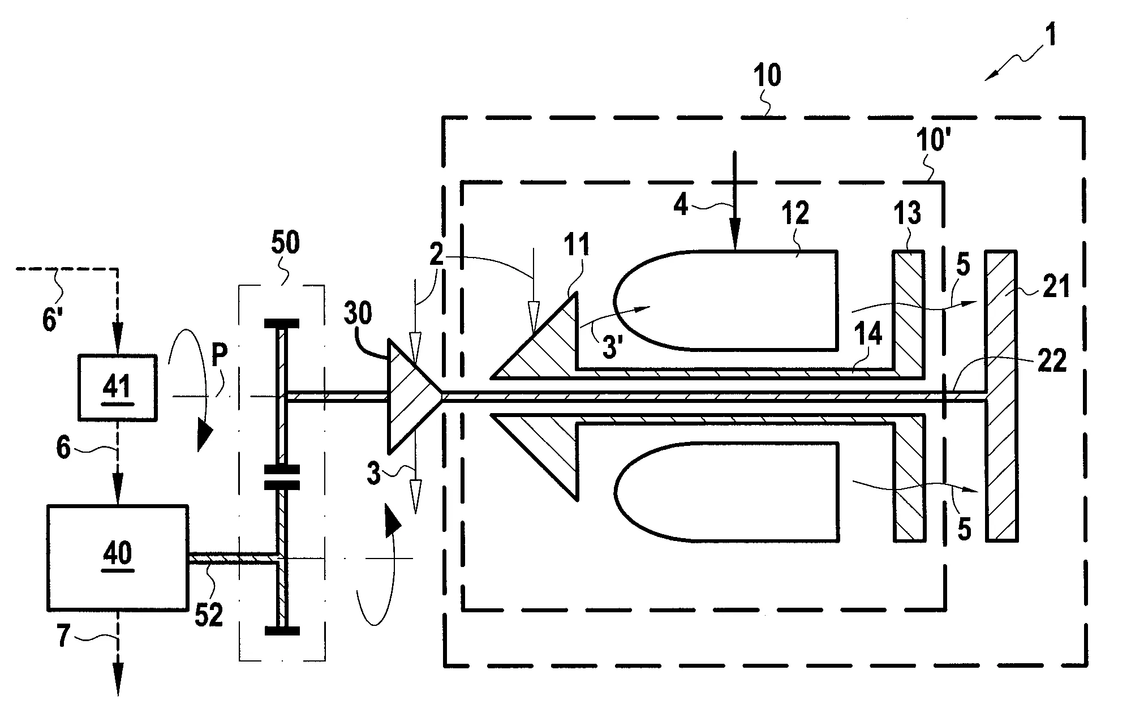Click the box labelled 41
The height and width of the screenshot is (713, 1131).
tap(117, 388)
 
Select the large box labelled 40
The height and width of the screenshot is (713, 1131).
tap(117, 557)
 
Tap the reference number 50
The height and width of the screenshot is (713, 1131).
tap(285, 243)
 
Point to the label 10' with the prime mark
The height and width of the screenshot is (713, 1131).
tap(931, 139)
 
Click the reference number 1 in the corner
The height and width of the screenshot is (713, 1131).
tap(1050, 37)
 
